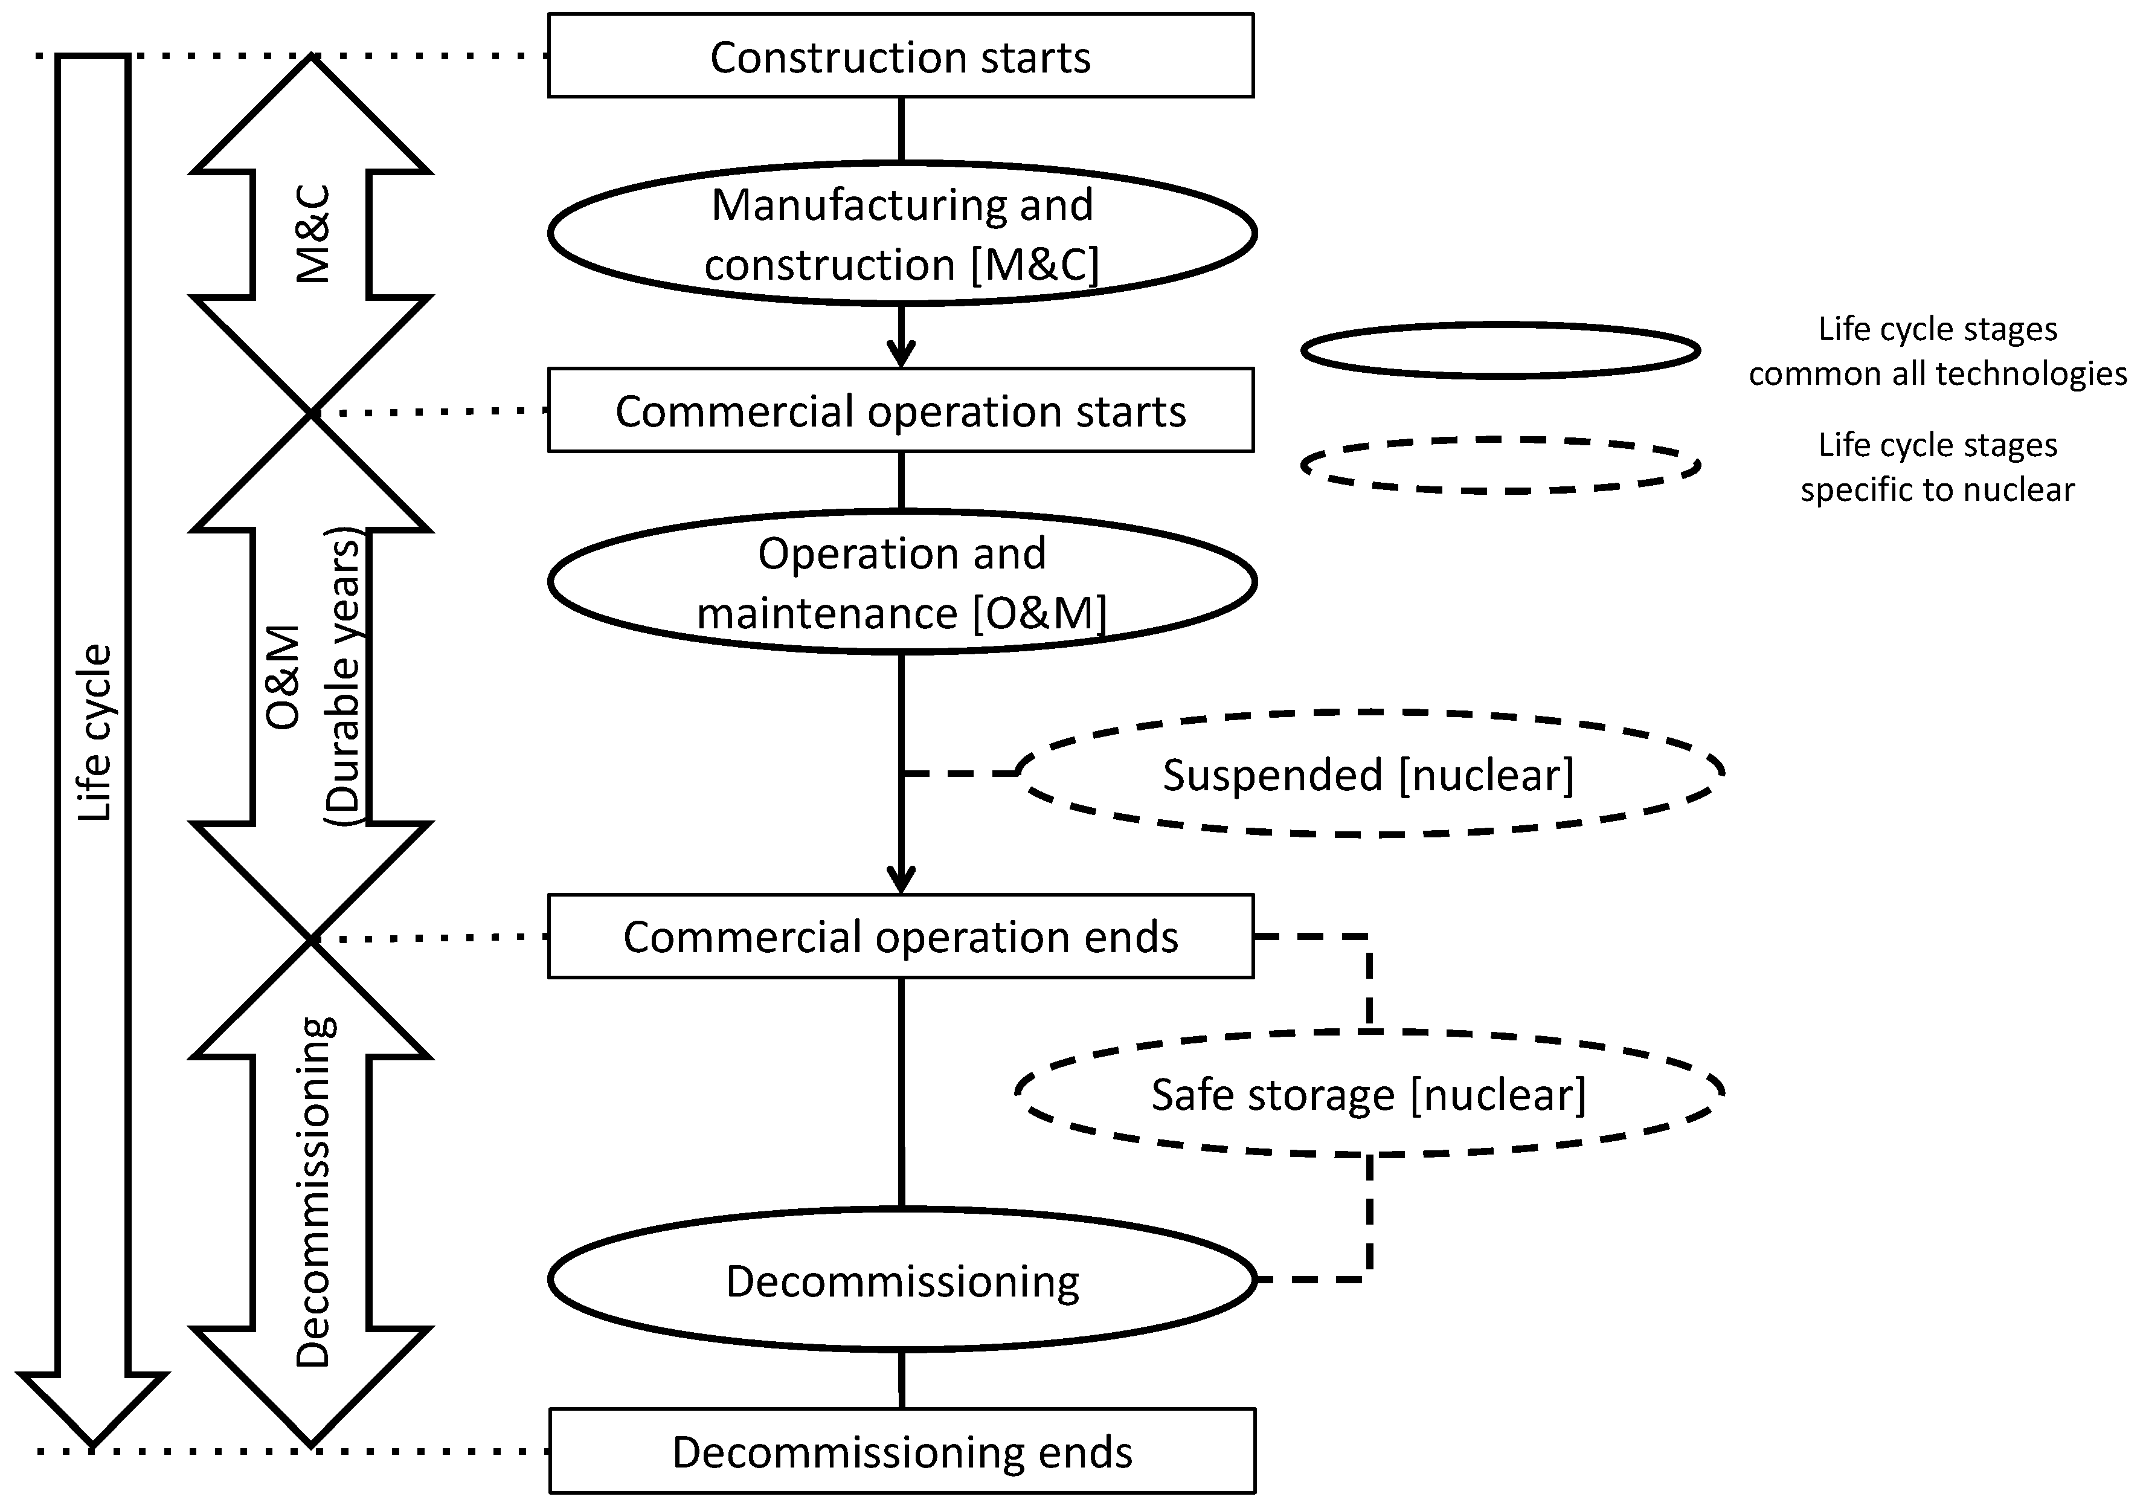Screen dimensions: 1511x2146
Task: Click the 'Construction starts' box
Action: tap(900, 56)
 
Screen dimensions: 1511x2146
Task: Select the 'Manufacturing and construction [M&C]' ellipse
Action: tap(901, 234)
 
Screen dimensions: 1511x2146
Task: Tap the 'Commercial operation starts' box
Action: tap(900, 410)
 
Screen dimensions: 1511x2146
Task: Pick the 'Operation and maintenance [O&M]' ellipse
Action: tap(901, 582)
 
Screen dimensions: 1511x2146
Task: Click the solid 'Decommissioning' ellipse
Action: tap(901, 1281)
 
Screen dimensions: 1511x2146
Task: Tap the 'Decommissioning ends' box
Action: tap(901, 1452)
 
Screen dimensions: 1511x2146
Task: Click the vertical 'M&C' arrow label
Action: tap(313, 234)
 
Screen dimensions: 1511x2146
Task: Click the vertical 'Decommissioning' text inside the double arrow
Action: tap(313, 1192)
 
